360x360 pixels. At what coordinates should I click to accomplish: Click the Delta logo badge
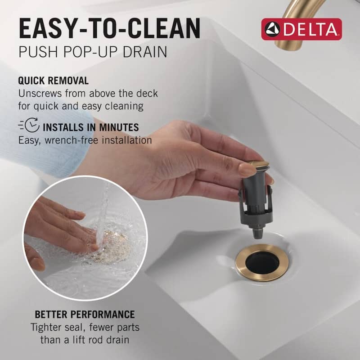pos(301,29)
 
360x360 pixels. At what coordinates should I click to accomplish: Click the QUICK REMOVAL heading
pos(53,81)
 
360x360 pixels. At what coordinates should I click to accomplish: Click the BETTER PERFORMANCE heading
pos(85,314)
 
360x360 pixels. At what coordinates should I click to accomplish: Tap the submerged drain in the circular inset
pos(112,245)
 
